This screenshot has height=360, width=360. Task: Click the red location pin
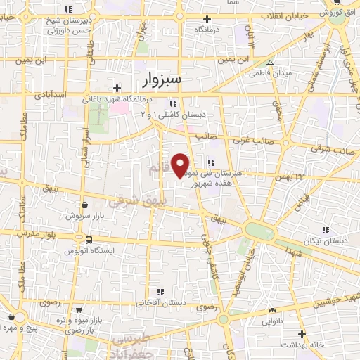coord(181,165)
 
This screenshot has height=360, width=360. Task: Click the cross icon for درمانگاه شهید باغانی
coord(117,89)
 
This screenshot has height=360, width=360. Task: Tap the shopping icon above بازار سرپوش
coord(84,205)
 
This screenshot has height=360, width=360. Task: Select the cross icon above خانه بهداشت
coord(302,334)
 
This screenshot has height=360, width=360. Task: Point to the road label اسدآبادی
coord(50,94)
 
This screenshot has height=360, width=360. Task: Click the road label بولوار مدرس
coord(21,232)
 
